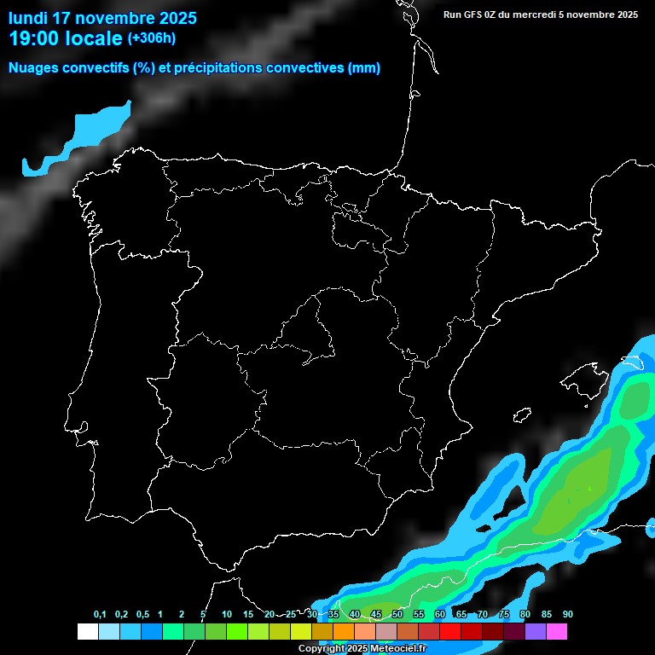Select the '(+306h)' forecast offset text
point(152,38)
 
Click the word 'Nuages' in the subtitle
point(33,68)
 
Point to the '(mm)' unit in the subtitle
point(364,68)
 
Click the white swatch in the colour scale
point(87,631)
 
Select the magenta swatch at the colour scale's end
point(557,631)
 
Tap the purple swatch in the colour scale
point(536,631)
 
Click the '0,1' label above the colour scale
point(100,615)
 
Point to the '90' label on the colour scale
point(568,615)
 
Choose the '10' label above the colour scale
point(227,615)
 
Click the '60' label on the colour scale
point(440,615)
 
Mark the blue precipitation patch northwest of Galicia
point(94,128)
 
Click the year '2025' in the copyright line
point(353,649)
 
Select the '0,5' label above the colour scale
point(142,615)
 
